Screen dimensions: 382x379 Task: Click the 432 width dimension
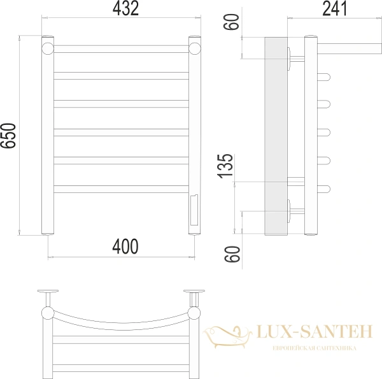click(125, 8)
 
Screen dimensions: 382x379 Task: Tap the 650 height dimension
click(8, 136)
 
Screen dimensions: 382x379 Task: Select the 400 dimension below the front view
click(125, 247)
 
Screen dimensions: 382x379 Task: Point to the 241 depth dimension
click(334, 8)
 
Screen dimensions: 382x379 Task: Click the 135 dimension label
click(225, 166)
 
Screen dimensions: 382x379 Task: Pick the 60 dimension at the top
click(231, 22)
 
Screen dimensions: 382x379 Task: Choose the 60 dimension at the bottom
click(232, 254)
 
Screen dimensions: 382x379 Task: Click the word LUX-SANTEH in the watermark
click(315, 331)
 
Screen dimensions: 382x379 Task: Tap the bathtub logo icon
click(228, 336)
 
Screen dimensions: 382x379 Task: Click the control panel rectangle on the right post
click(194, 210)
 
